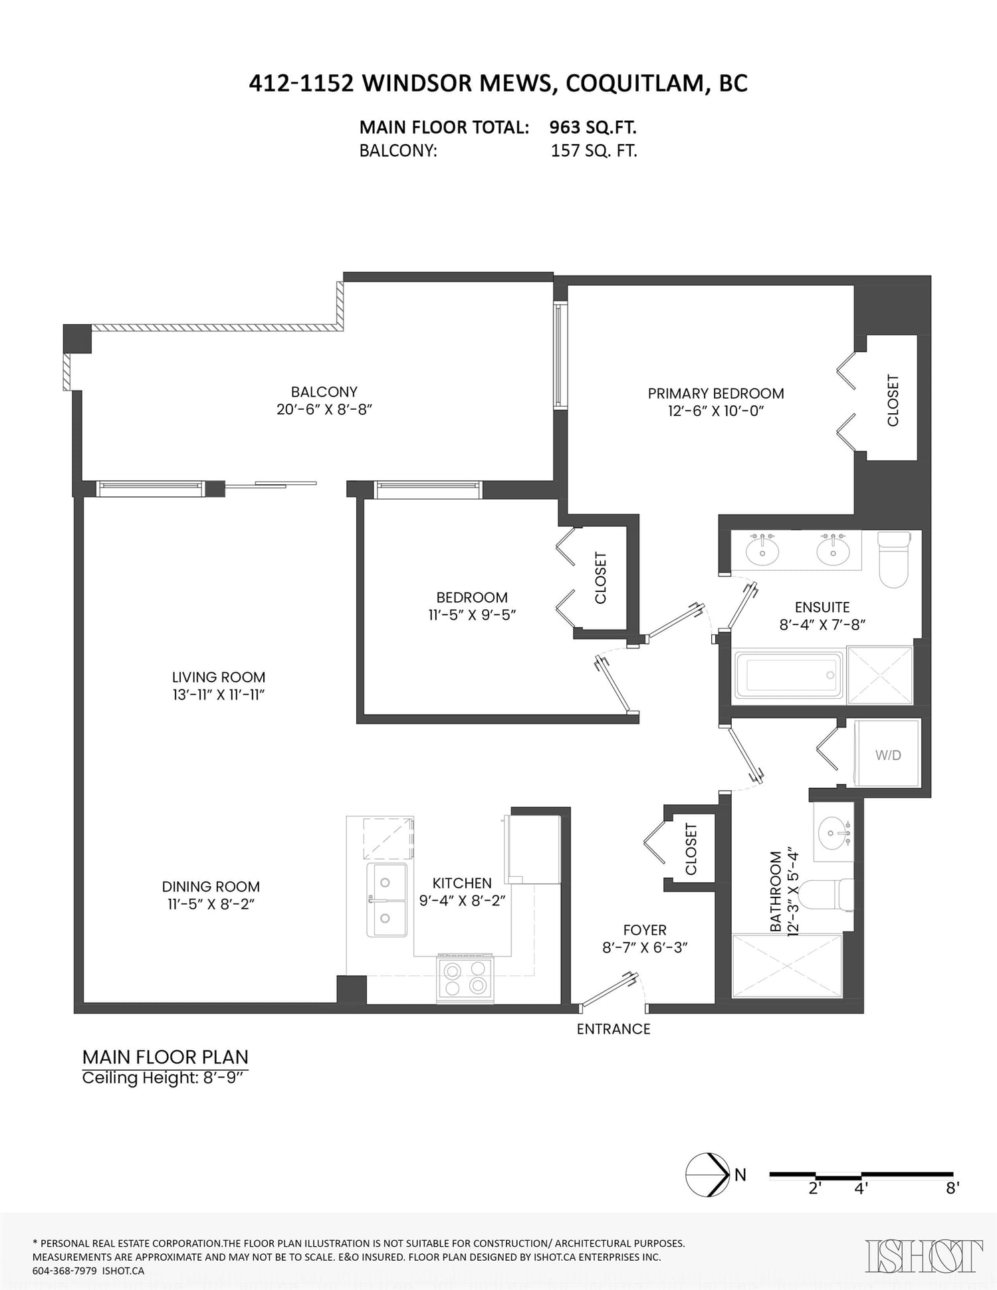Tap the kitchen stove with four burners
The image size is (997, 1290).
(465, 979)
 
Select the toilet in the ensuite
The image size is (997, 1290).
(894, 559)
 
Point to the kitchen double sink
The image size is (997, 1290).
(387, 899)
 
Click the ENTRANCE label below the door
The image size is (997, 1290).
(613, 1029)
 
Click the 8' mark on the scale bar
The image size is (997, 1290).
(952, 1188)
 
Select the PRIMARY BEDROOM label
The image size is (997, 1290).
(716, 393)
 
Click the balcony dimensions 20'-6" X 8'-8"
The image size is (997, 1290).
(324, 409)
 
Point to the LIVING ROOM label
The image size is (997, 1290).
(219, 677)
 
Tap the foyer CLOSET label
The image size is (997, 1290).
(691, 849)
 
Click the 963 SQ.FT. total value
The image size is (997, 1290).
(593, 127)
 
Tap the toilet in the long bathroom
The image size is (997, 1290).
(827, 894)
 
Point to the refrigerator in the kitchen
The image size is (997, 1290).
(534, 849)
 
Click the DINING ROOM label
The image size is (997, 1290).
(211, 886)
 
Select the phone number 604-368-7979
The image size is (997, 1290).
(65, 1271)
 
